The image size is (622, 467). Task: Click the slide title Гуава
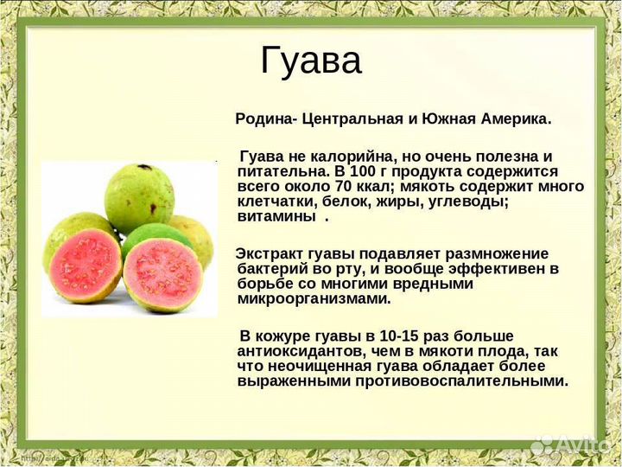(311, 61)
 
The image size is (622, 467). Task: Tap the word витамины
(276, 216)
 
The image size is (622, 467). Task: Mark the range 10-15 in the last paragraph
(386, 336)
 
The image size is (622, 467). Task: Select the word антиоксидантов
(298, 351)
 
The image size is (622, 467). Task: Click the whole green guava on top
(139, 196)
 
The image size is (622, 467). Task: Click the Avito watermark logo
(571, 444)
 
